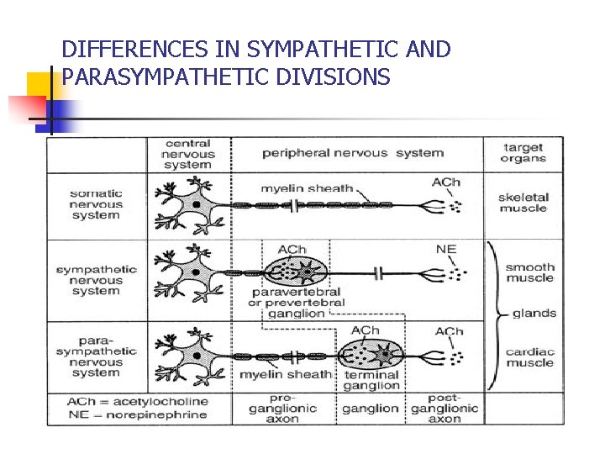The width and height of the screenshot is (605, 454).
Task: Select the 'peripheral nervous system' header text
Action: pyautogui.click(x=352, y=153)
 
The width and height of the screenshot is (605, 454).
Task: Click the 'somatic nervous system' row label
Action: pyautogui.click(x=96, y=204)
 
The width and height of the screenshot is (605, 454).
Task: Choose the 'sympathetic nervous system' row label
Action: pyautogui.click(x=96, y=280)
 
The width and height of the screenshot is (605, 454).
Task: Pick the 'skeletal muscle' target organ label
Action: pyautogui.click(x=523, y=203)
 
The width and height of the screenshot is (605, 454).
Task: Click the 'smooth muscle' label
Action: pyautogui.click(x=529, y=272)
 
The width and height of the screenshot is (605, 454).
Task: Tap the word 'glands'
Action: pyautogui.click(x=534, y=313)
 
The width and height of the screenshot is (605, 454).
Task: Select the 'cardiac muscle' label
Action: pyautogui.click(x=530, y=357)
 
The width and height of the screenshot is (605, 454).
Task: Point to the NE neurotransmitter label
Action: pyautogui.click(x=446, y=249)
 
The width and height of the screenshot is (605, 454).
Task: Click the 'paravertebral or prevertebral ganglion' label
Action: pyautogui.click(x=296, y=303)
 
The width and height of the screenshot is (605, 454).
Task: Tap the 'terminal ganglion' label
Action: pyautogui.click(x=371, y=380)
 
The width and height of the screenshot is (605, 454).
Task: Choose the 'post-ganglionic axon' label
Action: pyautogui.click(x=445, y=408)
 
